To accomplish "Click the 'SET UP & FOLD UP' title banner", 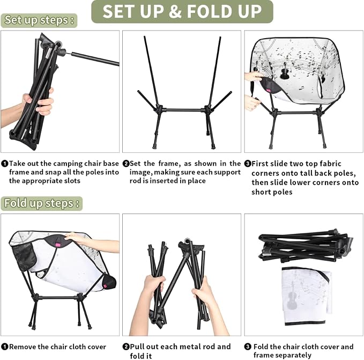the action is click(182, 11).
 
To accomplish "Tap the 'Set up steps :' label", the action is click(39, 20).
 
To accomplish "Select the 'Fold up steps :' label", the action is click(42, 203).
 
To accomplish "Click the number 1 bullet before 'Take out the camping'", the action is click(4, 164).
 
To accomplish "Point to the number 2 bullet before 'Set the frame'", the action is click(126, 164).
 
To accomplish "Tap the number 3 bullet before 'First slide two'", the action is click(248, 164).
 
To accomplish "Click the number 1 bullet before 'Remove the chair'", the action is click(4, 347).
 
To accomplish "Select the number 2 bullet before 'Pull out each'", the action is click(126, 347).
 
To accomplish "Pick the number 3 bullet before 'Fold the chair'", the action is click(248, 347).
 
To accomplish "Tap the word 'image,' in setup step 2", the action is click(140, 173).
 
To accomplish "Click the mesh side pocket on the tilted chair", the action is click(24, 256).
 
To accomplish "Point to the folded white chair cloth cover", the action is click(307, 296).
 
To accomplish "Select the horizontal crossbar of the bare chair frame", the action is click(183, 110).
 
